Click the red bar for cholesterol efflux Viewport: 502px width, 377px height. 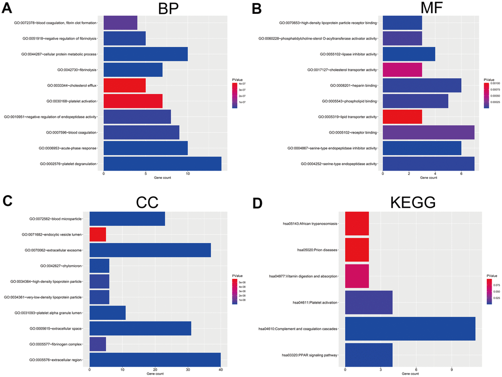tap(125, 85)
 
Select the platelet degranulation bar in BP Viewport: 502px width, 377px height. tap(162, 164)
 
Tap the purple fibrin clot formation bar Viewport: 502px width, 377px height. tap(121, 23)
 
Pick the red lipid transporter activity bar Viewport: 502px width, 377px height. tap(402, 117)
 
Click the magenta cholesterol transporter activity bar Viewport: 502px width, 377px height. tap(402, 69)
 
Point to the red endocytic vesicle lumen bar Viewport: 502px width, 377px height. tap(97, 234)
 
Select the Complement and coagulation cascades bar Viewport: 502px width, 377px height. tap(410, 328)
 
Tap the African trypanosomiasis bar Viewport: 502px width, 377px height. tap(357, 223)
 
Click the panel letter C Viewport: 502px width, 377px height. tap(7, 201)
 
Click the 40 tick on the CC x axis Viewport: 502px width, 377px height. tap(220, 370)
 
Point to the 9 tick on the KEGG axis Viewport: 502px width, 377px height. tap(452, 370)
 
